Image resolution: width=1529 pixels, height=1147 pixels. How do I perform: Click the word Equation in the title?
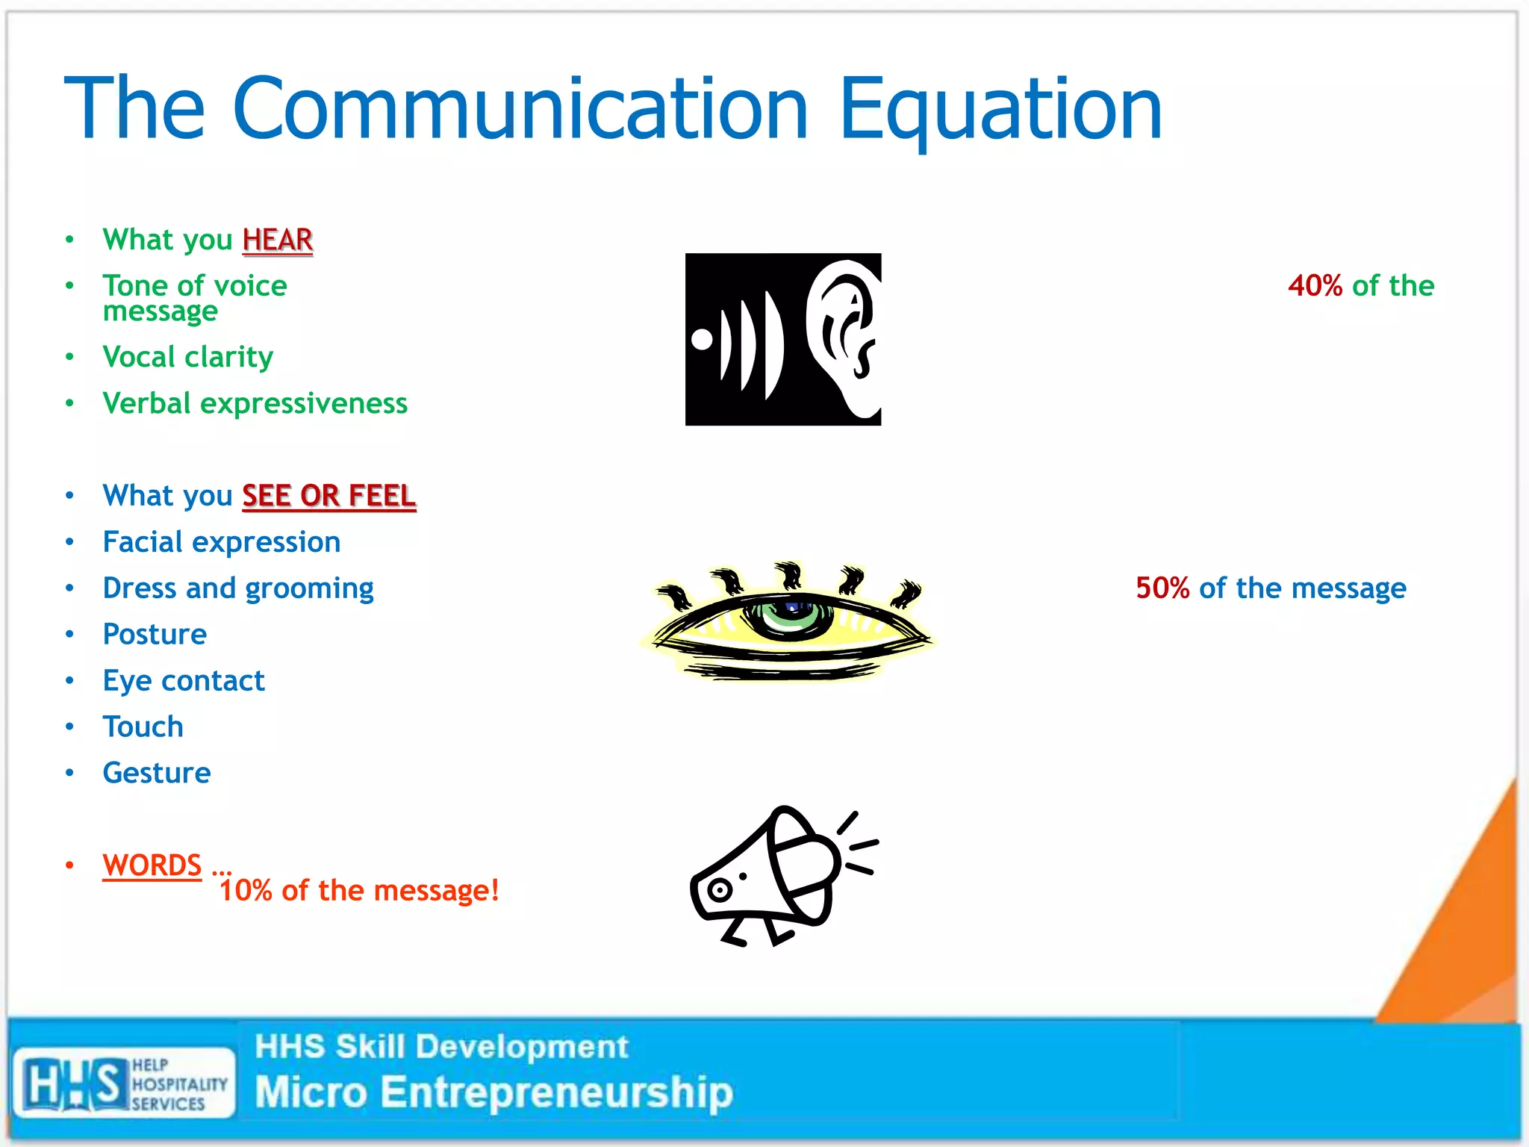(x=1000, y=111)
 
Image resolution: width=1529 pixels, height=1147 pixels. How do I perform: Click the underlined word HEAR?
(x=277, y=240)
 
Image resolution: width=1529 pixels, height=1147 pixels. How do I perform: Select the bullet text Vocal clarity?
(x=188, y=357)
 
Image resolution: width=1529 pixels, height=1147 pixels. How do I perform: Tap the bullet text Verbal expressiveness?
(x=255, y=403)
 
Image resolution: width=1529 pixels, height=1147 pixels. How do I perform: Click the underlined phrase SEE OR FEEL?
(x=328, y=496)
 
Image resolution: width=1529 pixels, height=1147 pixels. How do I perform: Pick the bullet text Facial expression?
(x=222, y=542)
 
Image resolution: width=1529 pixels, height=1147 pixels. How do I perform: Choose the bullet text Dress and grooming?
(x=238, y=588)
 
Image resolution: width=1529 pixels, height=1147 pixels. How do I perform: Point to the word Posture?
(x=155, y=635)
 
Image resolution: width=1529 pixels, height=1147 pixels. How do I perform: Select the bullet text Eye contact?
(x=184, y=681)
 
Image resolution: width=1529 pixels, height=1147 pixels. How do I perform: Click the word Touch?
(x=143, y=727)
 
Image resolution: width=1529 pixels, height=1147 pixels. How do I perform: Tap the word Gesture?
(x=157, y=773)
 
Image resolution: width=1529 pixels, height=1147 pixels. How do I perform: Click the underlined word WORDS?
(x=152, y=865)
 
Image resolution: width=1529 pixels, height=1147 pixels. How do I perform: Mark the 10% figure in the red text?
(x=246, y=891)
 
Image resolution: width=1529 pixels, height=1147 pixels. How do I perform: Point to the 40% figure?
(x=1315, y=286)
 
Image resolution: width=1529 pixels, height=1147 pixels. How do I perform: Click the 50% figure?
(x=1162, y=588)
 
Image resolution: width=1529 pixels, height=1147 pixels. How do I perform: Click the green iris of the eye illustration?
(x=791, y=617)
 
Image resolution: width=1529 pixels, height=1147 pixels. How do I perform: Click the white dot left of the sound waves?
(x=702, y=339)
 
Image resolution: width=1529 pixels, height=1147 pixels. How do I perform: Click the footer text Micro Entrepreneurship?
(x=493, y=1092)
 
